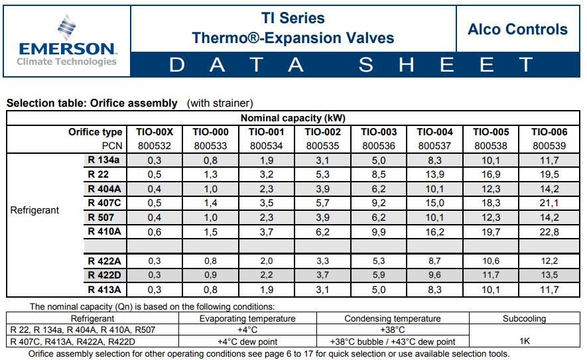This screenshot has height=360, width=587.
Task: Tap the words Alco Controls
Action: [517, 29]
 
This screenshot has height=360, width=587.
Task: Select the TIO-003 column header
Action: [379, 132]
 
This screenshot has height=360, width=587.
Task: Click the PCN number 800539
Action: [549, 145]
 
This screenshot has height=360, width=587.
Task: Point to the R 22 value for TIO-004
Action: [434, 174]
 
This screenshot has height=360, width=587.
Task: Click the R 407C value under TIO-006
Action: [549, 203]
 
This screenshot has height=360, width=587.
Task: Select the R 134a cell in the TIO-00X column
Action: [155, 160]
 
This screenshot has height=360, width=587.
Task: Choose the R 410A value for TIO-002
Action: [322, 231]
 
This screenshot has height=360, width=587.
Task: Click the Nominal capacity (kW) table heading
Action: [293, 118]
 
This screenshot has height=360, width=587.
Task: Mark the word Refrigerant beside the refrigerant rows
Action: [34, 210]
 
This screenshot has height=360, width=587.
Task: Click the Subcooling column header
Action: [524, 318]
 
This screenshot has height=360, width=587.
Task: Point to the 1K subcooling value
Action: [524, 341]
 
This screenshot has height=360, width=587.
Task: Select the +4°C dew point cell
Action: [247, 341]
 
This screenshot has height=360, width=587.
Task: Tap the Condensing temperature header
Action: [393, 318]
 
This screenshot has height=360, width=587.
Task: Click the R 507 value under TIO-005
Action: [491, 217]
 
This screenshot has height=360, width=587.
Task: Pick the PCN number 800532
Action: [155, 145]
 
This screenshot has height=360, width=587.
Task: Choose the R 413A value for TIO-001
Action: [267, 290]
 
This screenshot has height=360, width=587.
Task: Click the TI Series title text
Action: [293, 18]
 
